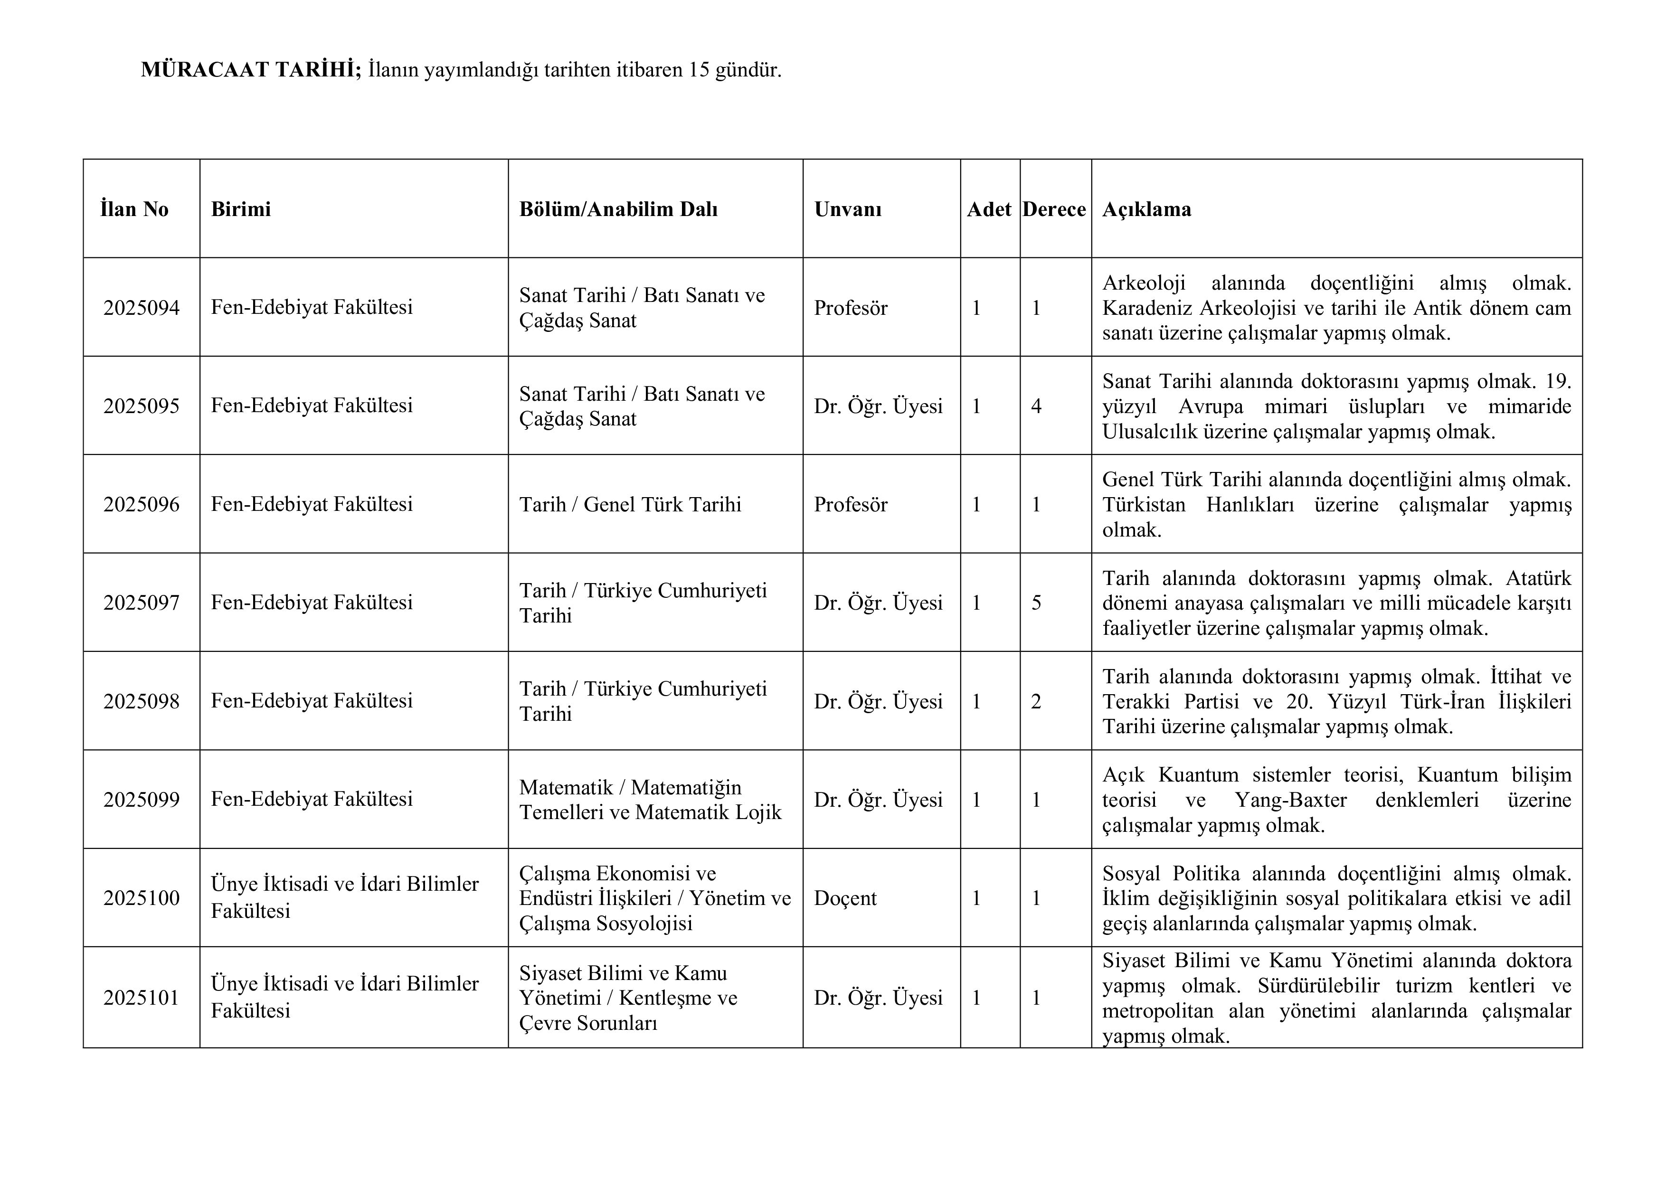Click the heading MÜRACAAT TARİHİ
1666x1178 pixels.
tap(250, 70)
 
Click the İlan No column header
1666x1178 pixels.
tap(134, 210)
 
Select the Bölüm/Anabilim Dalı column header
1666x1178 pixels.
tap(618, 210)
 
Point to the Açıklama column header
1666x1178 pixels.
tap(1146, 210)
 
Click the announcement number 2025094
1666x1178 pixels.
tap(142, 308)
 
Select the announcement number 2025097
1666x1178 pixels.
tap(142, 603)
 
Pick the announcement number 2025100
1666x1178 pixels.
tap(142, 898)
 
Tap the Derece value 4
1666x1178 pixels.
tap(1036, 406)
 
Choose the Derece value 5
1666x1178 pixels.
tap(1036, 603)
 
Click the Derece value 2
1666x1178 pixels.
tap(1036, 701)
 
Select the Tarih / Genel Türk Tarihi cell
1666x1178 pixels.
tap(630, 505)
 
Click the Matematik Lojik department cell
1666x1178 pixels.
tap(650, 800)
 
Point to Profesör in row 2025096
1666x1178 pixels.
tap(851, 505)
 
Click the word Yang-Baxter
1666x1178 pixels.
tap(1290, 800)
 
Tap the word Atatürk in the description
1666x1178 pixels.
tap(1538, 578)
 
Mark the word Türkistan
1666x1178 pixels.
tap(1144, 505)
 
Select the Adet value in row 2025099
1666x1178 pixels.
tap(977, 800)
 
